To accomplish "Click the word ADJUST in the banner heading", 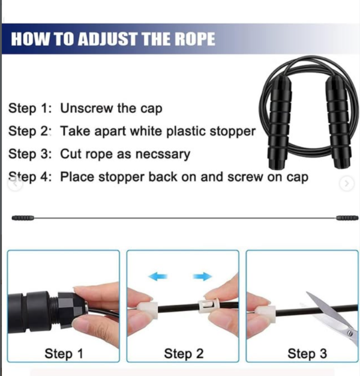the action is [x=108, y=39].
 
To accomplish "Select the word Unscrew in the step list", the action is [x=86, y=108].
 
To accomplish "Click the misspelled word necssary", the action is [x=163, y=154].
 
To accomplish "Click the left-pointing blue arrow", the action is [x=158, y=276].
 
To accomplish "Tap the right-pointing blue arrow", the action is [x=202, y=276].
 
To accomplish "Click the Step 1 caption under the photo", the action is [x=64, y=354].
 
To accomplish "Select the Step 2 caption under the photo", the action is [x=184, y=354].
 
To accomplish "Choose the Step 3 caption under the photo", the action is [x=307, y=354].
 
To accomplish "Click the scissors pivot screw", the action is [x=350, y=333].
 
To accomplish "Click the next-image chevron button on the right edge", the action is [x=347, y=183].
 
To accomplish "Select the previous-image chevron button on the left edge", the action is [x=15, y=184].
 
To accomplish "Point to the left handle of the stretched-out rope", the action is [x=23, y=218].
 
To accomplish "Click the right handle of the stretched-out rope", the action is [x=347, y=218].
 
